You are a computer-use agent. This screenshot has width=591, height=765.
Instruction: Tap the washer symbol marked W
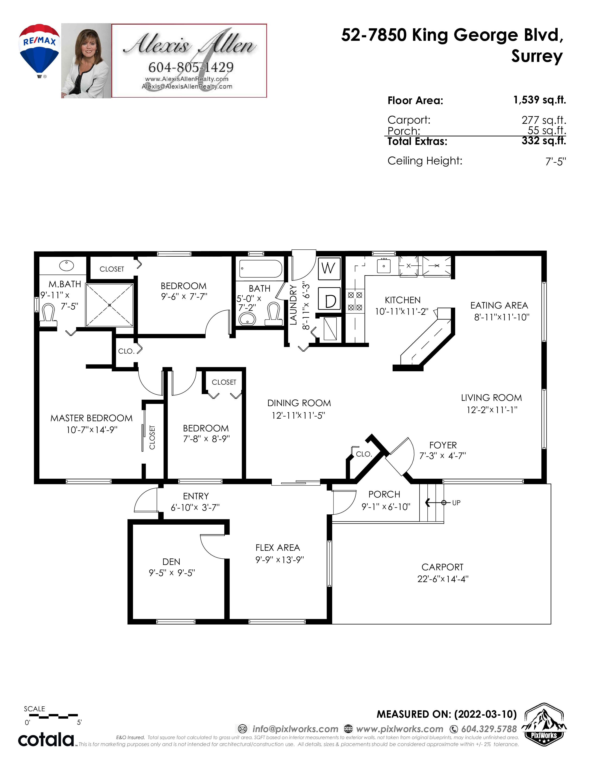point(329,269)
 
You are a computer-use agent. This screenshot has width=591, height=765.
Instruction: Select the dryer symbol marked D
point(329,299)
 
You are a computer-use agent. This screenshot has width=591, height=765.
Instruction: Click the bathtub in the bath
point(261,269)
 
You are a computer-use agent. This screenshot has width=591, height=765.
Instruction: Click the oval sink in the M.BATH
point(67,265)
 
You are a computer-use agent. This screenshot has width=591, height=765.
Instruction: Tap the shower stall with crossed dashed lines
point(110,305)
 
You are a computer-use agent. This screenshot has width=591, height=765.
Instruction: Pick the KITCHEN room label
point(403,300)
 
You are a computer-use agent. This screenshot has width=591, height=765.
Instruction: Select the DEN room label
point(171,562)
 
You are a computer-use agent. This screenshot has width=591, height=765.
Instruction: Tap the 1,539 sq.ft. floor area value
point(540,100)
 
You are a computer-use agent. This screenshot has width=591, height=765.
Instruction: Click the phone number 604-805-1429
point(191,67)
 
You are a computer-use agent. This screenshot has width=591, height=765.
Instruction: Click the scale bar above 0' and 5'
point(54,716)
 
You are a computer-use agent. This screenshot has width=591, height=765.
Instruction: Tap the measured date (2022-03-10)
point(486,714)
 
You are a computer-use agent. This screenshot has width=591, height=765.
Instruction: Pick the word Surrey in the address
point(537,56)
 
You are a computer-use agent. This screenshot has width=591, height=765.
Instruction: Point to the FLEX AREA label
point(278,548)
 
